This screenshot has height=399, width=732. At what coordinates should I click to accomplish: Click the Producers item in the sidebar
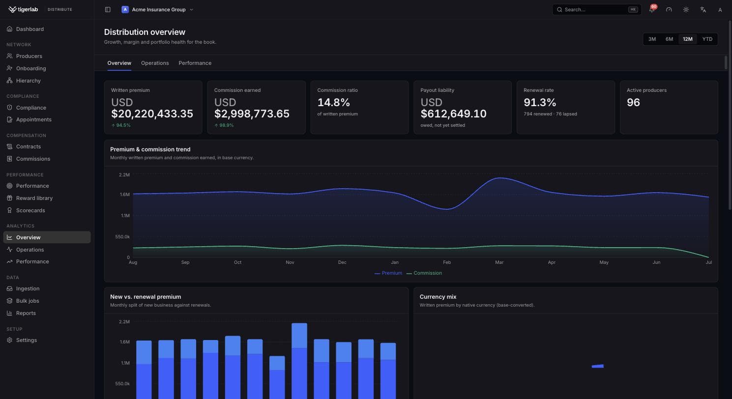[x=29, y=56]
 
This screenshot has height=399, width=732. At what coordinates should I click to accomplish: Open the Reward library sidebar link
[x=34, y=198]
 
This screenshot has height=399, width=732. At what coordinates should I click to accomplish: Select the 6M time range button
[x=669, y=39]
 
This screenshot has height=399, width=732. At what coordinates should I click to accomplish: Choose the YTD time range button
[x=707, y=39]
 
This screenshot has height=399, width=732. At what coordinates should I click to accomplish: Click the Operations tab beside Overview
[x=155, y=63]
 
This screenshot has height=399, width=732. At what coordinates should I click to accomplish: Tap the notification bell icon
[x=651, y=9]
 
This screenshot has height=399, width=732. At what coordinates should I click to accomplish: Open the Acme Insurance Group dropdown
[x=157, y=9]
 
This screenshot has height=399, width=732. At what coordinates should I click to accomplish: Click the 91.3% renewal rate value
[x=539, y=103]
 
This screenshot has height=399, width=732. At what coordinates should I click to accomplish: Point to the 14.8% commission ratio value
[x=333, y=103]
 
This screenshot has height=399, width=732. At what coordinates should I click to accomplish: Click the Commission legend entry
[x=424, y=273]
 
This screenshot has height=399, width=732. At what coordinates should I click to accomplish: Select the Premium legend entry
[x=388, y=273]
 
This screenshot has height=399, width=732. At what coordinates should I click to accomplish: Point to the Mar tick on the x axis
[x=499, y=262]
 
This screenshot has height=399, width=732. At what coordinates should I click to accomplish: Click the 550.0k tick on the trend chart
[x=122, y=237]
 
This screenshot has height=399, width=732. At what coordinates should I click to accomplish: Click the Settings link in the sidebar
[x=26, y=340]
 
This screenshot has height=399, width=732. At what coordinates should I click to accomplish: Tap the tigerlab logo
[x=23, y=9]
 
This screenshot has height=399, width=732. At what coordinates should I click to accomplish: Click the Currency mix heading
[x=438, y=297]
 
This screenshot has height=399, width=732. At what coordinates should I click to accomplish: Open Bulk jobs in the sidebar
[x=28, y=301]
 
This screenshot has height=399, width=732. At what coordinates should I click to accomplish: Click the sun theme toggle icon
[x=686, y=9]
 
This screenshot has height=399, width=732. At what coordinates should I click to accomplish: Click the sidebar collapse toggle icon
[x=108, y=9]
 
